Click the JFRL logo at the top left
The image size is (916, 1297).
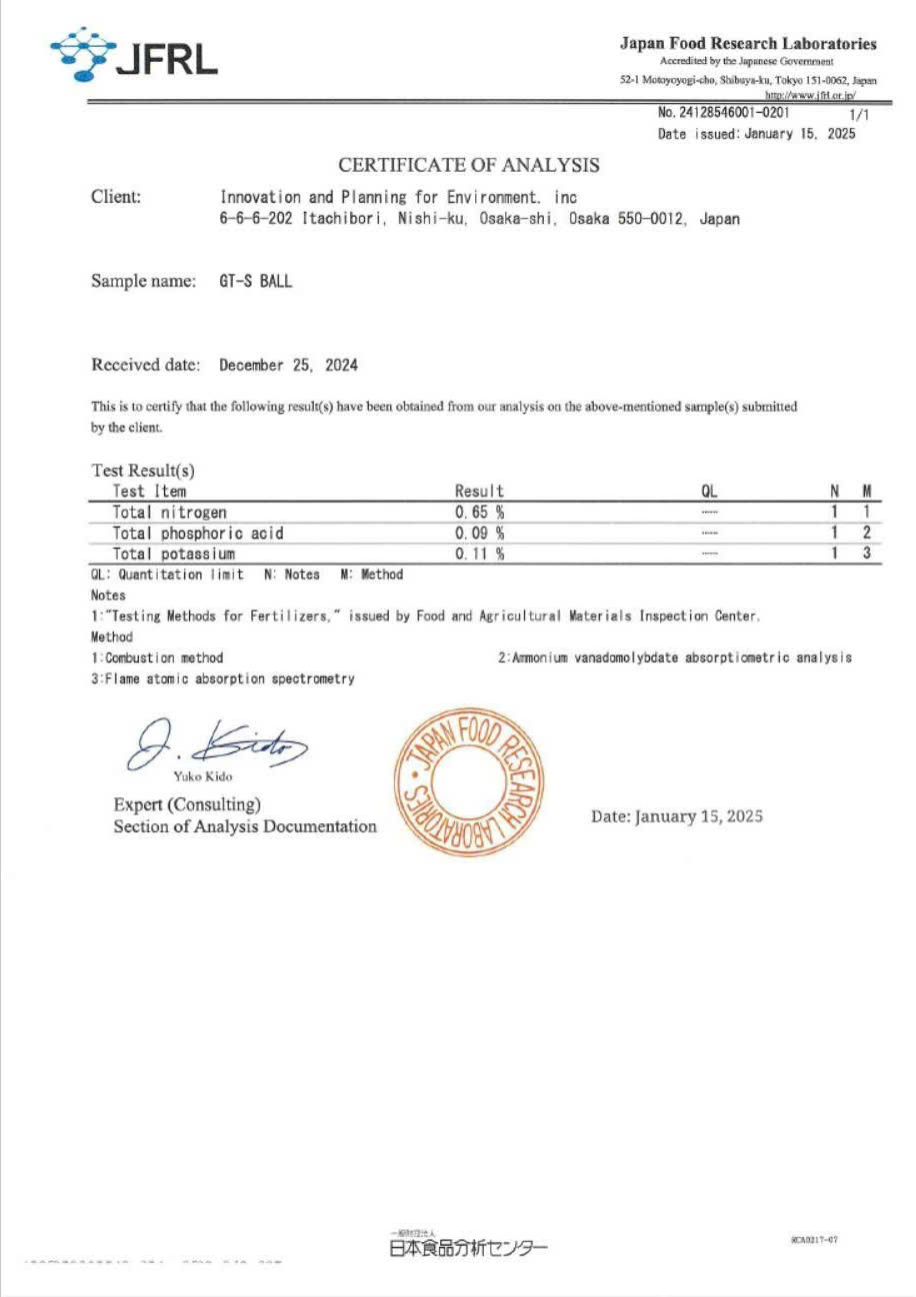tap(134, 55)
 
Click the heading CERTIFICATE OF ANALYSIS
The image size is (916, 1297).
tap(469, 165)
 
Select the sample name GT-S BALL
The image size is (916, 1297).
tap(256, 282)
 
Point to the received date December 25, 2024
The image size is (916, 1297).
tap(289, 366)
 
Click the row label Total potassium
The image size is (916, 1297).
tap(174, 554)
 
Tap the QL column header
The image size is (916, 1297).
tap(710, 492)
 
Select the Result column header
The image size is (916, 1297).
tap(479, 492)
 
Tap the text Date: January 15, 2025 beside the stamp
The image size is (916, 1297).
tap(677, 816)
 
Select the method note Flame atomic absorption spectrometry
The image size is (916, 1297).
tap(223, 679)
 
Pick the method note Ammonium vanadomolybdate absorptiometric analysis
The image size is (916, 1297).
tap(675, 657)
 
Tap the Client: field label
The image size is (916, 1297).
tap(116, 197)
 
